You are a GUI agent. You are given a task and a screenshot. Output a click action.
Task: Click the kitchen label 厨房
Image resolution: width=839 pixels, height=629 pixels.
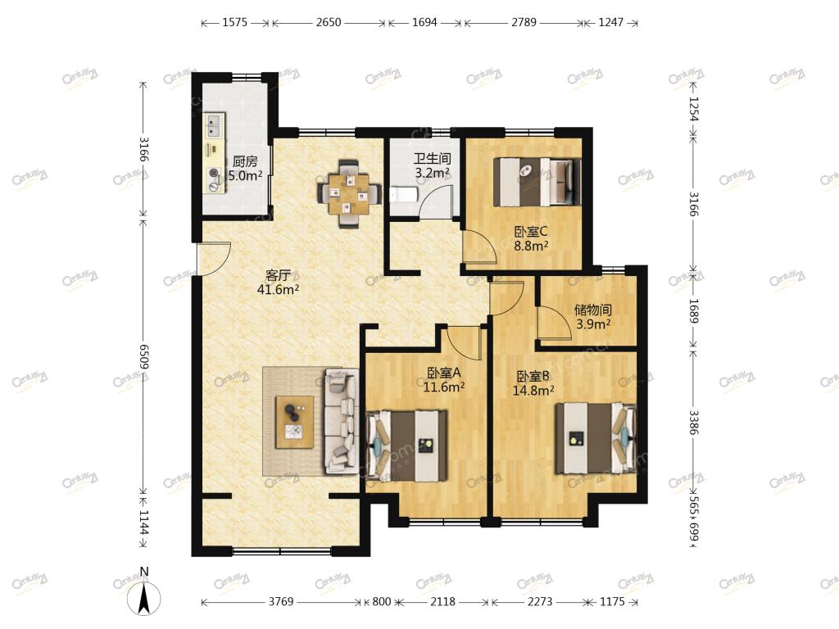click(x=245, y=161)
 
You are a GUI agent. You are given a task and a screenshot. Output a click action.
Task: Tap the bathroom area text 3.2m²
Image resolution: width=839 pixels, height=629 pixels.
click(x=433, y=173)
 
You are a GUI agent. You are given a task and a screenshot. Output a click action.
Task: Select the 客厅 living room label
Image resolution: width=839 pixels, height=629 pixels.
click(x=279, y=275)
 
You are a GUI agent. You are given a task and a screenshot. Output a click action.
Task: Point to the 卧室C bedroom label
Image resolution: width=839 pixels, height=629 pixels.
click(x=531, y=232)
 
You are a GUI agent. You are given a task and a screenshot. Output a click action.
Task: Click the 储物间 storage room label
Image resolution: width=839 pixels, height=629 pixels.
click(x=593, y=310)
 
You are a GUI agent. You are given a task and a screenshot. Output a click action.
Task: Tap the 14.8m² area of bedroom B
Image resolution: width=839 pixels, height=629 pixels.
click(x=533, y=391)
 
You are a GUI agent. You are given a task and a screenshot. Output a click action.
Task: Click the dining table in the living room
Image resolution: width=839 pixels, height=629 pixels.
click(x=349, y=193)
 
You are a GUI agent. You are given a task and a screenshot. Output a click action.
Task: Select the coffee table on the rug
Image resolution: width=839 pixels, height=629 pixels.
click(x=295, y=422)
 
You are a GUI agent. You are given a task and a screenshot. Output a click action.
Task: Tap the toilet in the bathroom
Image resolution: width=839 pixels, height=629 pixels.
click(x=402, y=195)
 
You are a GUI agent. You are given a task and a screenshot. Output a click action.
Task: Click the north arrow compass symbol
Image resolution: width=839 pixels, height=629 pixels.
click(x=143, y=596)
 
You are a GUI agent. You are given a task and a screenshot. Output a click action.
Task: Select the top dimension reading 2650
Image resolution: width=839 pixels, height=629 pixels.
click(x=328, y=22)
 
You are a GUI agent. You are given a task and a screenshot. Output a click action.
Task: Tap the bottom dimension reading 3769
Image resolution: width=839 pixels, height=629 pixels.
click(x=281, y=602)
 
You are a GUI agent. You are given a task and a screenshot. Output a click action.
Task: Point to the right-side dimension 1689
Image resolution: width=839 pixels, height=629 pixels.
click(x=693, y=310)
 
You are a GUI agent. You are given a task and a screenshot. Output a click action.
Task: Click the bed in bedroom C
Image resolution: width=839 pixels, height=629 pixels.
click(x=537, y=182)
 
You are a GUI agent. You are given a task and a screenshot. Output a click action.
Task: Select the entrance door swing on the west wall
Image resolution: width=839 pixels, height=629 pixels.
click(x=214, y=259)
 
